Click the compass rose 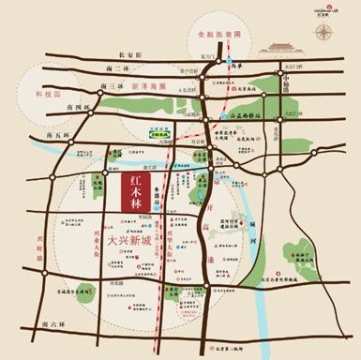pyautogui.click(x=323, y=32)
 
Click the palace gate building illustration pyautogui.click(x=280, y=46)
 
